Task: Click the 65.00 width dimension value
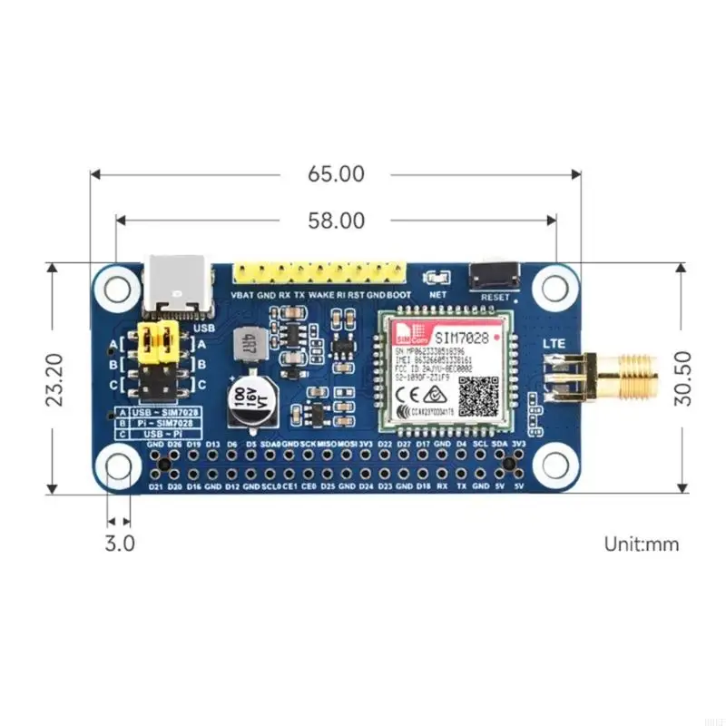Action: tap(337, 173)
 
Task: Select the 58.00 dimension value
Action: tap(337, 221)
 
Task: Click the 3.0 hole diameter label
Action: tap(120, 544)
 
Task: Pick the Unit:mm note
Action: tap(642, 544)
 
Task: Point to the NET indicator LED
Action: tap(437, 278)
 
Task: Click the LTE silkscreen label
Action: tap(554, 344)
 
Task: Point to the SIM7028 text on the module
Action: tap(458, 337)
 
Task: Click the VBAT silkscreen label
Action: tap(242, 296)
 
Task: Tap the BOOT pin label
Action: tap(398, 296)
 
